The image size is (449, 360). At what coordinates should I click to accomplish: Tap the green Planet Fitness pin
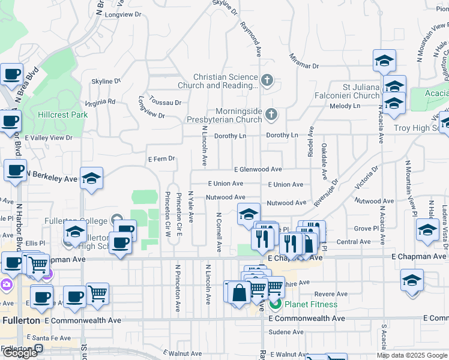tap(276, 304)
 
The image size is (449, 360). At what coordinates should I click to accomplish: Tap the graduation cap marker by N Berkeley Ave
tap(91, 179)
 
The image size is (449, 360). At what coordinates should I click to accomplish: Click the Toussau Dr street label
tap(165, 103)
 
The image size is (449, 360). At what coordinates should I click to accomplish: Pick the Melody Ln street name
tap(345, 106)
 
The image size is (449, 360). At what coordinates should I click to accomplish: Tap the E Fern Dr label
tap(161, 159)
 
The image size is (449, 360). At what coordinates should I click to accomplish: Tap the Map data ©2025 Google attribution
tap(412, 355)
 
